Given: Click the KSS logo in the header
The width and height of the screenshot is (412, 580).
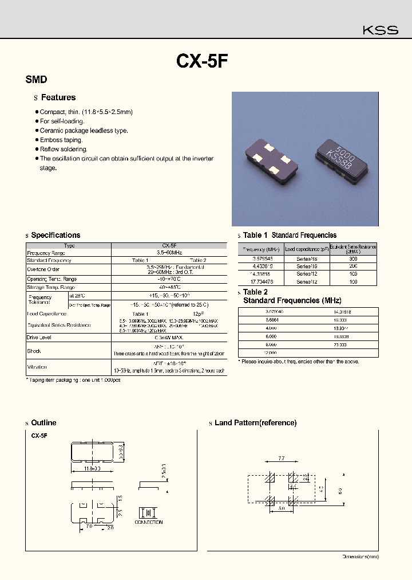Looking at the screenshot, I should tap(381, 30).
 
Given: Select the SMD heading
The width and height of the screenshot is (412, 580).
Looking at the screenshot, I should tap(36, 80).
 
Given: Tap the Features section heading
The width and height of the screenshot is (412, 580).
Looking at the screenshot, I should tap(58, 98).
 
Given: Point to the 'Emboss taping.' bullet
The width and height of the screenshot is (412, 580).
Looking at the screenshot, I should tap(61, 140).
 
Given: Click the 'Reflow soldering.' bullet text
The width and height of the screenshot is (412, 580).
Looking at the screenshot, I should tap(64, 149).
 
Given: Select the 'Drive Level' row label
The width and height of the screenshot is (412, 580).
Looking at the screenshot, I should tap(39, 338).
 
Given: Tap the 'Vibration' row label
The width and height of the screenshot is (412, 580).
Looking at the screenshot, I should tap(37, 367).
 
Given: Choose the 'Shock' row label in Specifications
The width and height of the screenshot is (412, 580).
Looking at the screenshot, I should tap(34, 351).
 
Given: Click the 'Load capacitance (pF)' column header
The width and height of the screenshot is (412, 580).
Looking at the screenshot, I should tap(307, 249).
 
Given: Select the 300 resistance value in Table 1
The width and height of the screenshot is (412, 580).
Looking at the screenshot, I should tap(353, 259).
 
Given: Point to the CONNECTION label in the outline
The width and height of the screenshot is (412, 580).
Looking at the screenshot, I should tap(149, 522).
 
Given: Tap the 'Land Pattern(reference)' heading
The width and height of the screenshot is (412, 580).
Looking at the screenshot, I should tap(255, 423).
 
